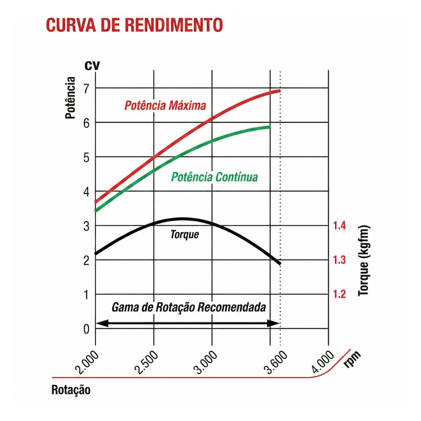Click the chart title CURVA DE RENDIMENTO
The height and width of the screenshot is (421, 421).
coord(134,25)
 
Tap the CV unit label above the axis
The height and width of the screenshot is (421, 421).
coord(92,66)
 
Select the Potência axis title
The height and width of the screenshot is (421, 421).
coord(70,98)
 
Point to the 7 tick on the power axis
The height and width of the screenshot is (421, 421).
coord(86,88)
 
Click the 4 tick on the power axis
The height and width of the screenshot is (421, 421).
coord(86,192)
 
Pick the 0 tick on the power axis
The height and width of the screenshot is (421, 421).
coord(86,329)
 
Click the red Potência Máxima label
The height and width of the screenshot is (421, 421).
coord(165,105)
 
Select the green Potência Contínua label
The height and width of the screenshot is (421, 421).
coord(214,177)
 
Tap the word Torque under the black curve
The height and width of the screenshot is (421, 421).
coord(184,234)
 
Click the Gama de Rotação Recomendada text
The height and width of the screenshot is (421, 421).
coord(189,307)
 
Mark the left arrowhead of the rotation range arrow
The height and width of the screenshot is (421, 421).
coord(100,323)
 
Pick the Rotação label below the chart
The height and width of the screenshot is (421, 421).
coord(71,390)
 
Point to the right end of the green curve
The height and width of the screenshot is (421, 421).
coord(269,127)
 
